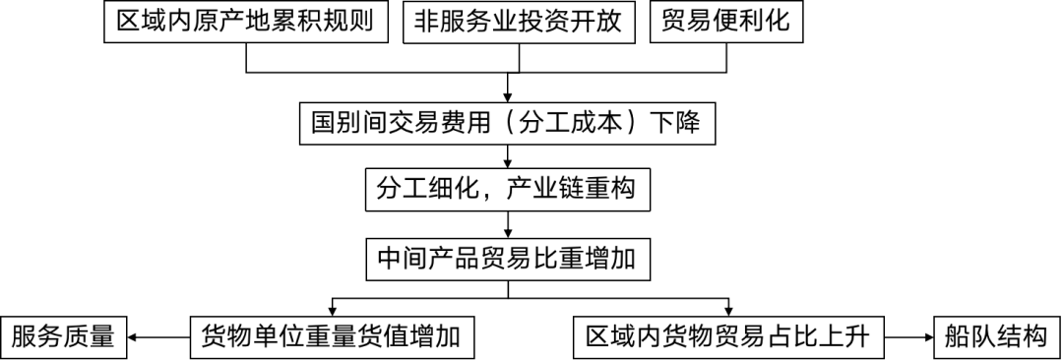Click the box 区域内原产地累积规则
click(x=246, y=23)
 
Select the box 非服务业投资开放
click(x=519, y=23)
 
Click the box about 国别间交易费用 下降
click(x=507, y=124)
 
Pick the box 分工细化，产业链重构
click(x=507, y=189)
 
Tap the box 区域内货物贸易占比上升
click(x=728, y=337)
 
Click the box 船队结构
click(x=996, y=337)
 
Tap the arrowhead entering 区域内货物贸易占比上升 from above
click(x=728, y=310)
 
